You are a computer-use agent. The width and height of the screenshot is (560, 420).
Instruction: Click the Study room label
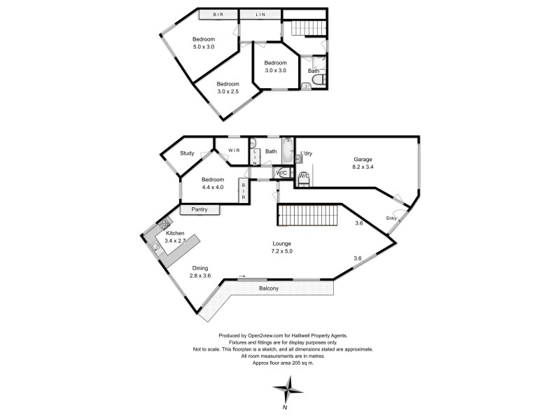coord(187,153)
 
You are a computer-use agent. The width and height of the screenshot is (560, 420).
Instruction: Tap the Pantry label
coord(199,209)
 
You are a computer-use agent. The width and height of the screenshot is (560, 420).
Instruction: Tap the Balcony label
coord(269,288)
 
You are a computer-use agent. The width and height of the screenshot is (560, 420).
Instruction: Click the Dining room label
coord(199,267)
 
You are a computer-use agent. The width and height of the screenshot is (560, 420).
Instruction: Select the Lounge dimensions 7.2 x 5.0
coord(282,251)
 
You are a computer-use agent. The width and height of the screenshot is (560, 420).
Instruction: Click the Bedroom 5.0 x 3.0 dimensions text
coord(203,47)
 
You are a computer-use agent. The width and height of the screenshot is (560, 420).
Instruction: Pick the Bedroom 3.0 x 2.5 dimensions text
coord(227,92)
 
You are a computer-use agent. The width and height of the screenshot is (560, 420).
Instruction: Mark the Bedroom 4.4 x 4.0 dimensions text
coord(213,187)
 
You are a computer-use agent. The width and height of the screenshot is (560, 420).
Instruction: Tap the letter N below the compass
coord(286,407)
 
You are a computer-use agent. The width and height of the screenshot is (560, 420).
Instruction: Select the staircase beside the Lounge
coord(308,215)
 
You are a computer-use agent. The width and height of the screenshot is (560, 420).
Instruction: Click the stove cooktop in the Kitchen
coord(164,224)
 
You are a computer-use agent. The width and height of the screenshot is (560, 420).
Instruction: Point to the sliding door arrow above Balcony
coord(242,276)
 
